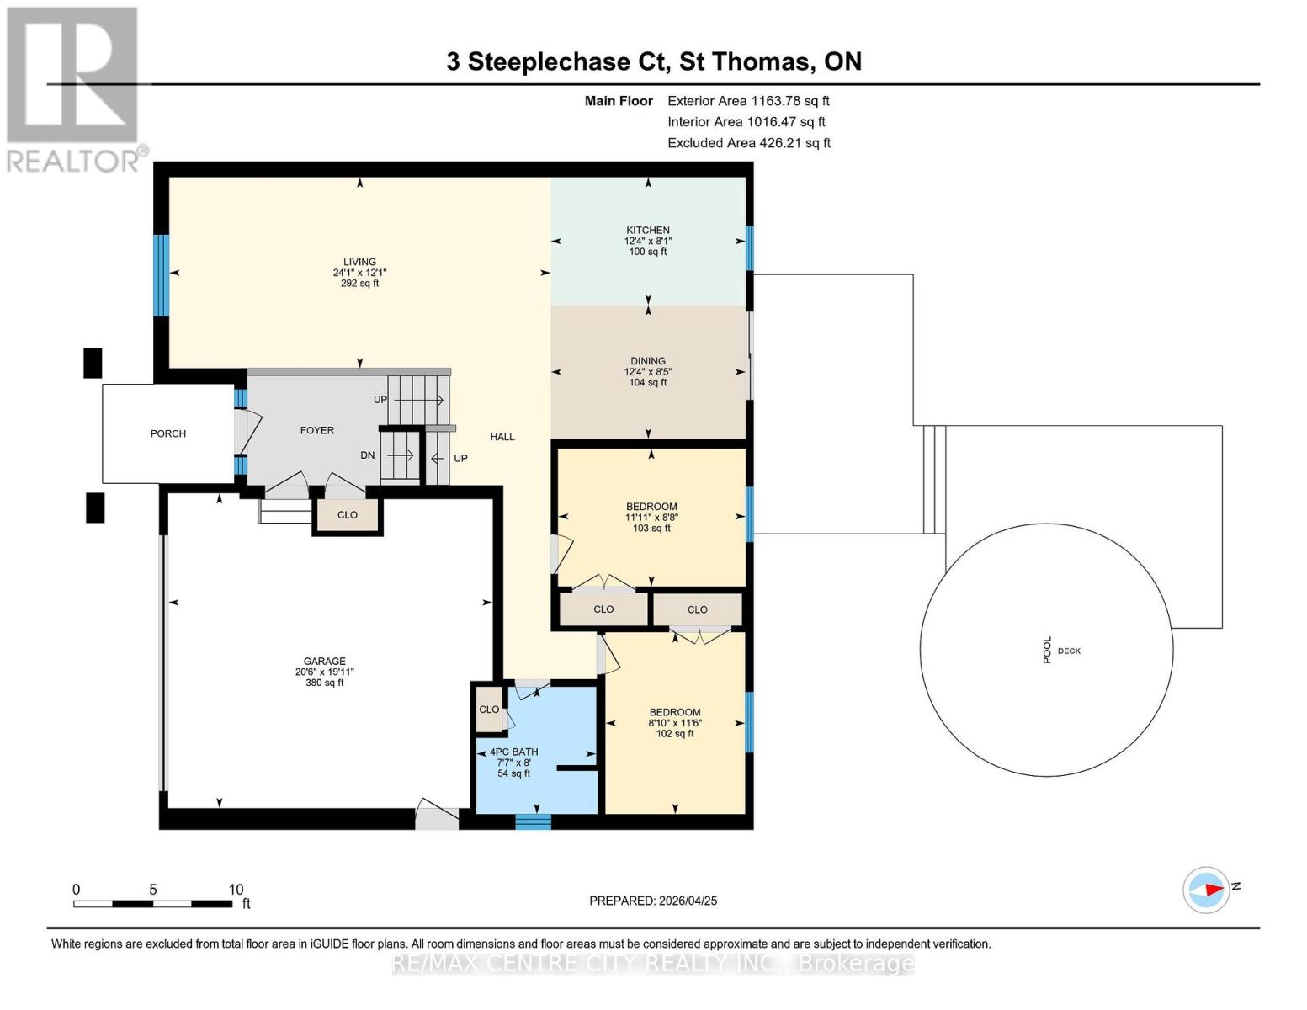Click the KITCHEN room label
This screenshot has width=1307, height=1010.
tap(647, 230)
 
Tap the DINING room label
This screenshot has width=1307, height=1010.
tap(647, 361)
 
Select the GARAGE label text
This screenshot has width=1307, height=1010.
tap(325, 662)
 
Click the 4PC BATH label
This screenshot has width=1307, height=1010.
tap(513, 752)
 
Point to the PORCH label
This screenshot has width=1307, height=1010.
tap(168, 433)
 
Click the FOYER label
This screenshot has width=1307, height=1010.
tap(317, 430)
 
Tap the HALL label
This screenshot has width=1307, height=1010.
tap(502, 437)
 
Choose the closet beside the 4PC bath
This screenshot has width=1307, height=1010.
tap(489, 710)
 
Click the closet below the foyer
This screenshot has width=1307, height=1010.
tap(348, 515)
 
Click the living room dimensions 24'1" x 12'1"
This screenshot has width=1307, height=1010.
tap(359, 273)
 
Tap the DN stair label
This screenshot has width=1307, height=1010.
tap(368, 455)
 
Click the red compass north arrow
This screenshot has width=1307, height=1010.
tap(1211, 890)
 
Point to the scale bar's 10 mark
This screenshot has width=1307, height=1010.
tap(236, 890)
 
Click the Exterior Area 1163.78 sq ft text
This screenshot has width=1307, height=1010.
tap(748, 101)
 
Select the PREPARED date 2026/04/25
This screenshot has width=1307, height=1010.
tap(653, 901)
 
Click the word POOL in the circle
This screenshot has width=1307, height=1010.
tap(1048, 650)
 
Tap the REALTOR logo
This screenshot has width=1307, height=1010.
tap(73, 88)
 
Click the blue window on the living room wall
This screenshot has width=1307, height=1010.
tap(161, 275)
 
